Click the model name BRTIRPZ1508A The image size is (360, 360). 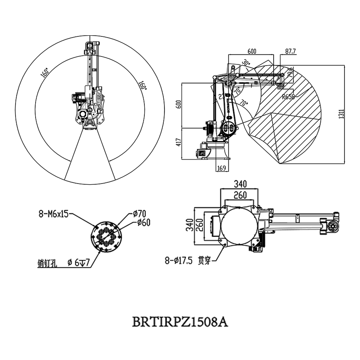[180, 321]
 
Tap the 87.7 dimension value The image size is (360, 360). [290, 51]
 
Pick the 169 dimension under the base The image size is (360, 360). [222, 167]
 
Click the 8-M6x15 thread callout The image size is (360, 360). [54, 214]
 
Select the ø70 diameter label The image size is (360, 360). [139, 214]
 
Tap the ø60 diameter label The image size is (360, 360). [144, 222]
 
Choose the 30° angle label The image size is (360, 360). [246, 63]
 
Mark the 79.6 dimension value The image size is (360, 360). [291, 72]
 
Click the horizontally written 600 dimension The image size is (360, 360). [252, 51]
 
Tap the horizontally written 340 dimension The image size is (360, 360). [240, 184]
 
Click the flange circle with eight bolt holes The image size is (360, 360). [107, 237]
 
